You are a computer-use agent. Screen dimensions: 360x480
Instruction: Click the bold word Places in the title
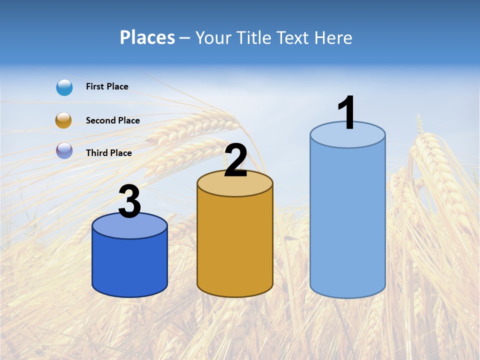click(x=147, y=37)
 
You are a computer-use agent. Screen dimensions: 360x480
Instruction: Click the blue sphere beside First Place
click(x=64, y=87)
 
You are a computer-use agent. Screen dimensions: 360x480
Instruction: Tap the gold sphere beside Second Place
click(x=63, y=120)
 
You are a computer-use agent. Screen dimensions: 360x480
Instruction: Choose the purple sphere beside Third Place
click(x=64, y=150)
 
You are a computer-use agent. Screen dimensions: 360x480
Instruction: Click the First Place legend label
click(x=107, y=86)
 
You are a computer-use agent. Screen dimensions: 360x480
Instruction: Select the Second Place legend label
click(x=112, y=120)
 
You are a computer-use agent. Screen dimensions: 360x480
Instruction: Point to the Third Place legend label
click(x=108, y=153)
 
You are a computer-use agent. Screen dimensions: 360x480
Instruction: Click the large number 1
click(x=346, y=113)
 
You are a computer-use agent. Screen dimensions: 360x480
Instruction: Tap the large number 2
click(x=235, y=160)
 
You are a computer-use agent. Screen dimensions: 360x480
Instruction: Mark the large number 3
click(x=129, y=202)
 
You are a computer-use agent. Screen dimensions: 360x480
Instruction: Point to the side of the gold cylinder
click(x=235, y=245)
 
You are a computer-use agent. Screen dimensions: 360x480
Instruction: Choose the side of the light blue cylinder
click(x=347, y=220)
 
